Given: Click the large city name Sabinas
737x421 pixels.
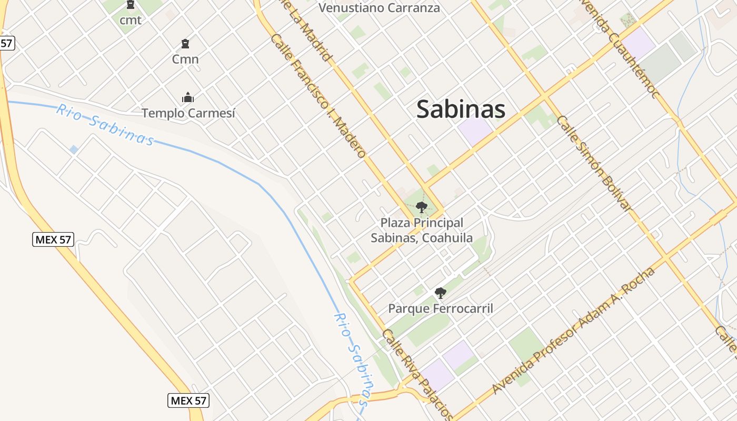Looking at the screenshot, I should tap(461, 109).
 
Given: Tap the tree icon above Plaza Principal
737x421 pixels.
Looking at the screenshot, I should tap(421, 207).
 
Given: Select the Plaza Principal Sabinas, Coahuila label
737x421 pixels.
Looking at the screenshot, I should tap(422, 230).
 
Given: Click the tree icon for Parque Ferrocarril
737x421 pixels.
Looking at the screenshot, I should tap(441, 293).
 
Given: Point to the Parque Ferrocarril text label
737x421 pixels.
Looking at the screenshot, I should tap(441, 308).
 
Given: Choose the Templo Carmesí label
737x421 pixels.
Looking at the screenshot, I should tap(188, 113).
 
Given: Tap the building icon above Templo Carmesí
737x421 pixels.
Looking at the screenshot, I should tap(188, 97).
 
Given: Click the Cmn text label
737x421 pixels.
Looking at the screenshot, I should tap(185, 59).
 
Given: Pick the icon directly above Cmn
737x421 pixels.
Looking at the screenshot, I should tap(185, 43).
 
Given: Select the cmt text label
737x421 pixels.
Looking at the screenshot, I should tap(131, 21).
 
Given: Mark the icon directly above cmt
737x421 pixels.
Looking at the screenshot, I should tap(131, 5).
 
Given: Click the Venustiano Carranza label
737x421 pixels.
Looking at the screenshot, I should tap(379, 8).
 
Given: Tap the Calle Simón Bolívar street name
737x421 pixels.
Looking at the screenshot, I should tap(594, 163).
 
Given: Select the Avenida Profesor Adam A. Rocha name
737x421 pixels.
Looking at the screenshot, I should tap(573, 331).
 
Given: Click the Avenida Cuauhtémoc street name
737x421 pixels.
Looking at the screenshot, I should tap(620, 50).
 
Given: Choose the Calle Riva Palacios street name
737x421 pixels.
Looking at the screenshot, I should tap(417, 375).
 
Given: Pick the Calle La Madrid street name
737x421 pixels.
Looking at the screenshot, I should tap(311, 32).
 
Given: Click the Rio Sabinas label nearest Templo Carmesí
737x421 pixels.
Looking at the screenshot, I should tap(105, 125).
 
